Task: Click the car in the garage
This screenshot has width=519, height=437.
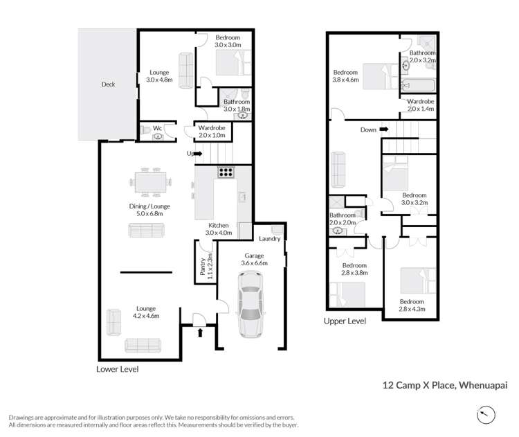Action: [251, 304]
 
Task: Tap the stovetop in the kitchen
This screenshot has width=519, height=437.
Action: [226, 172]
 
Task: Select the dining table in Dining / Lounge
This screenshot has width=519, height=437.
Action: [151, 182]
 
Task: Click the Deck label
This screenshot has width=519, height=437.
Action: [108, 84]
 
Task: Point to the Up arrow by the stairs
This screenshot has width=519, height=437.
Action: [198, 153]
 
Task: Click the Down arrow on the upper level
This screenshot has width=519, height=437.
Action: [384, 129]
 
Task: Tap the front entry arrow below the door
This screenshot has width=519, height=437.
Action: [200, 332]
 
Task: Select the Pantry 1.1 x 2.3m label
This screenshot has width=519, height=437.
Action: [206, 267]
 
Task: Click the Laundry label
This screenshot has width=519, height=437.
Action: [269, 238]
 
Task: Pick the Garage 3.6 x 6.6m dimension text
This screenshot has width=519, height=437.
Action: [254, 260]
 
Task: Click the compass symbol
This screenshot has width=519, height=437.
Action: [486, 415]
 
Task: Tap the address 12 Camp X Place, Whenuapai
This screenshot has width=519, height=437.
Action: [445, 385]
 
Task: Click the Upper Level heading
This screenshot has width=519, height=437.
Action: [345, 321]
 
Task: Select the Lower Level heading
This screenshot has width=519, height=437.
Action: [117, 369]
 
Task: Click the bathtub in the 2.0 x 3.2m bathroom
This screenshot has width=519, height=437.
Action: [418, 86]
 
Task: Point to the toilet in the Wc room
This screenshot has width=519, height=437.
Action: [145, 130]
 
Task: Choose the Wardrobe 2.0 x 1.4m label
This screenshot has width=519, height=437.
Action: [420, 105]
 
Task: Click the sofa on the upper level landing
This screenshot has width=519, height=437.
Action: [338, 170]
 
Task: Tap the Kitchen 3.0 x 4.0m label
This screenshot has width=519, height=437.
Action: [219, 229]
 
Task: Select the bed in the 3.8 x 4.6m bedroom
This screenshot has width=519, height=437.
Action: [381, 77]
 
